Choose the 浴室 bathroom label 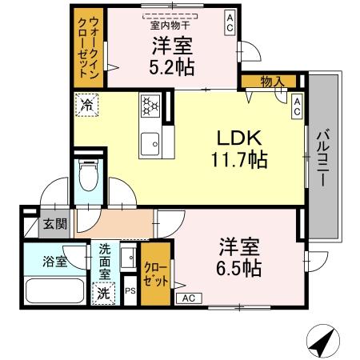click(55, 261)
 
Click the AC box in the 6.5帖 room click(189, 298)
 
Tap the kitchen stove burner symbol click(150, 106)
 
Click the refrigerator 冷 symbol click(86, 105)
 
